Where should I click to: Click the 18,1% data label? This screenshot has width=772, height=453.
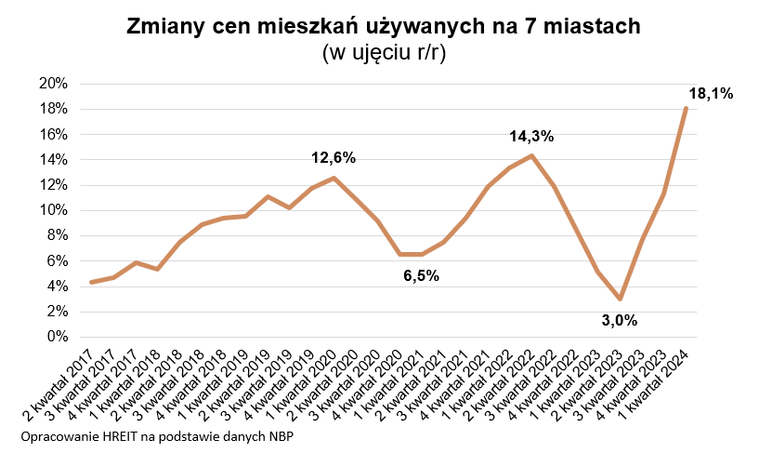point(711,94)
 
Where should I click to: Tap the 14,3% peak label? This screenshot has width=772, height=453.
point(531,137)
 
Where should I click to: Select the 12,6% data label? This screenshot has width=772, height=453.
point(334,157)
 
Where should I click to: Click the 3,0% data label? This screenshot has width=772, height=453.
point(619,321)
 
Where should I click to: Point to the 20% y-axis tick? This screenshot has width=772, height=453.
point(54,84)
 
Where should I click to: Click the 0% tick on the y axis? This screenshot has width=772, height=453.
point(58,337)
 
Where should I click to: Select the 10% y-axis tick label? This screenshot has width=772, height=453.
point(54,210)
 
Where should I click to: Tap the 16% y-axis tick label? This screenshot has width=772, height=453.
point(54,134)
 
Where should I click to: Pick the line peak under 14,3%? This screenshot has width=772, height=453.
point(531,155)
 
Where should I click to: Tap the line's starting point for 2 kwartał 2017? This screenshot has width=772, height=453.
point(91,282)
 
